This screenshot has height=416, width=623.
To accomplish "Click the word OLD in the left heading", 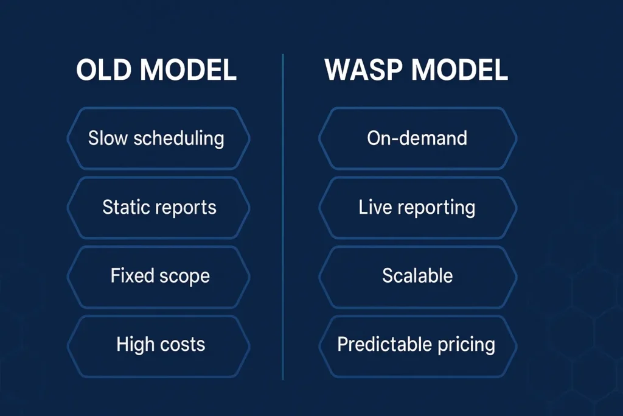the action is coord(103,69).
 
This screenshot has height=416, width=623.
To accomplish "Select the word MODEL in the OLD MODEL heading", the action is coord(188,69).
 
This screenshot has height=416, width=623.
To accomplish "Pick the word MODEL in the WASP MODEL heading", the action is coord(459,69).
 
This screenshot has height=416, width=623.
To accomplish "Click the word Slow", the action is coord(108,138).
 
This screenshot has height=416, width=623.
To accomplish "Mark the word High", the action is coord(135,345).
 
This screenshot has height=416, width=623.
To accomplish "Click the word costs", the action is coord(183,345).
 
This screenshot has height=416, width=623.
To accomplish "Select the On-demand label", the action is coord(417,138).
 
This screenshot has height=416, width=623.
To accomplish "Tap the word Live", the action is coord(375,207).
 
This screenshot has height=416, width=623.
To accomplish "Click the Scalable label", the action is coord(417,275).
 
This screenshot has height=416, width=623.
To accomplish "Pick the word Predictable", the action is coord(385,344).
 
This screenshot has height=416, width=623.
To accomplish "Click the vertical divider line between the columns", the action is coord(283,217).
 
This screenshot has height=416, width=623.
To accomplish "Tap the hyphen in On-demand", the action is coord(394,139).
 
